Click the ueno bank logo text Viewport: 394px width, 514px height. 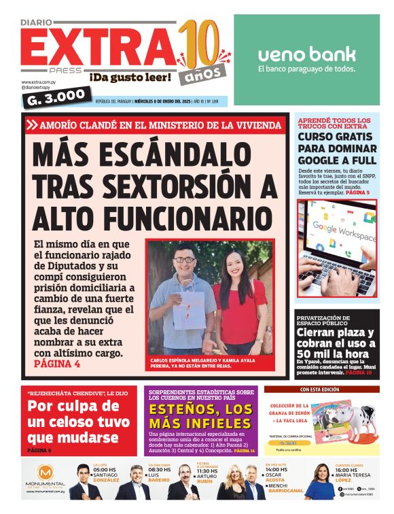tap(306, 54)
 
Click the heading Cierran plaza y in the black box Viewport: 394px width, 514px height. tap(334, 333)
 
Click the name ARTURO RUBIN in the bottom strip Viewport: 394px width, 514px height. tap(208, 479)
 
